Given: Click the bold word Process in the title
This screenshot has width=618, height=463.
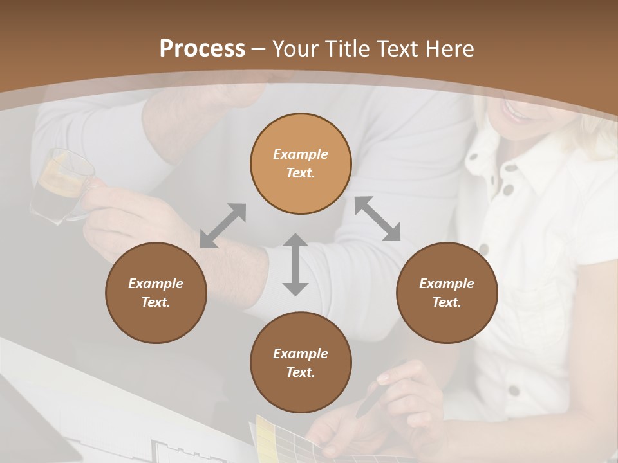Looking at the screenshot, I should pyautogui.click(x=202, y=49).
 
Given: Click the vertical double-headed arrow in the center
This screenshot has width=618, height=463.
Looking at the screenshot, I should pyautogui.click(x=295, y=264).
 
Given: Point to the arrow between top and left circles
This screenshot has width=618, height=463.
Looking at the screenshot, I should pyautogui.click(x=223, y=225).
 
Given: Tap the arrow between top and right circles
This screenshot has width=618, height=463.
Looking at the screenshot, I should pyautogui.click(x=377, y=219).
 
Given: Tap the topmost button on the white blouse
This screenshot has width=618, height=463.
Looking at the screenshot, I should pyautogui.click(x=510, y=168).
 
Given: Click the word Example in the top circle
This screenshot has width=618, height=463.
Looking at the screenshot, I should pyautogui.click(x=301, y=154).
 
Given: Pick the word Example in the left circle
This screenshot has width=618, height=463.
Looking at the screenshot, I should pyautogui.click(x=156, y=284).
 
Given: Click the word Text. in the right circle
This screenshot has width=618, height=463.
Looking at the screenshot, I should pyautogui.click(x=446, y=302).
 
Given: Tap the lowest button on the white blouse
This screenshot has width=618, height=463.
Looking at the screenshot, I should pyautogui.click(x=513, y=390).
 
